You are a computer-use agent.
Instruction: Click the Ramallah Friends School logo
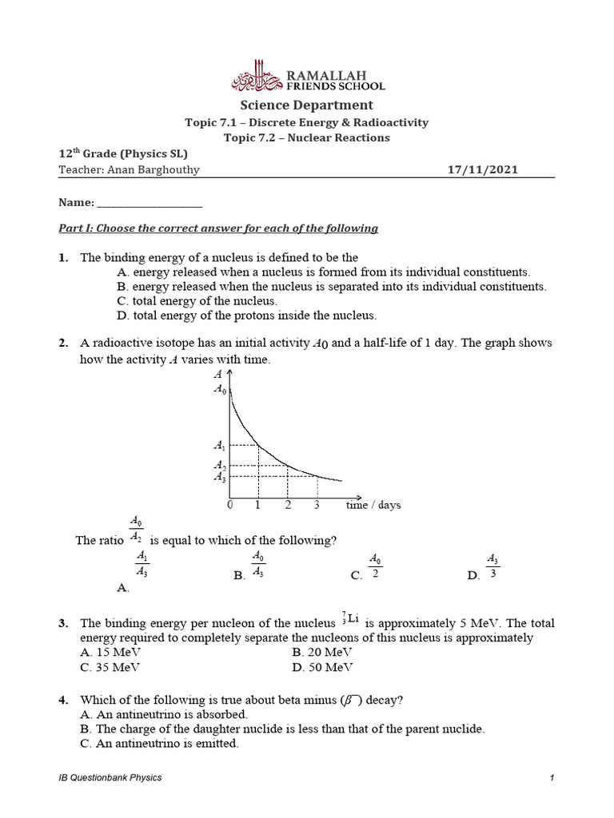click(307, 77)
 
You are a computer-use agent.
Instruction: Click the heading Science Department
click(307, 105)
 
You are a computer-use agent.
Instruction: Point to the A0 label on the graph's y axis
click(219, 390)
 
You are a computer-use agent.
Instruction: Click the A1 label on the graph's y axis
click(220, 447)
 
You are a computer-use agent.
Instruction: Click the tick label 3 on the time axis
click(317, 505)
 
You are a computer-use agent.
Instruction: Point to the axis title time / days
click(373, 505)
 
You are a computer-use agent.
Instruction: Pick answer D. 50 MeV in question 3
click(323, 667)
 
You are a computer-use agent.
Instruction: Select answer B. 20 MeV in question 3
click(323, 652)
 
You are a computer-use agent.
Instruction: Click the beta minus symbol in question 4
click(351, 701)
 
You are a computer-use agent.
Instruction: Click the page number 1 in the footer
click(552, 777)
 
